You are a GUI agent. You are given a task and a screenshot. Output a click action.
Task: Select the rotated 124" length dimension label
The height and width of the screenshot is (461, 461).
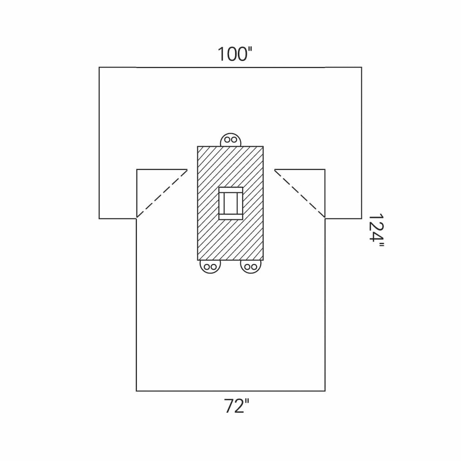point(376,230)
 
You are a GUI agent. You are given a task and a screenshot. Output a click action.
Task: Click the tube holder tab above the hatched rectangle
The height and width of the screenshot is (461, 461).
point(231,139)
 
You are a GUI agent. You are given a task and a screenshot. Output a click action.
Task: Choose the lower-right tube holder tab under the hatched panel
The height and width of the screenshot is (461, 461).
point(251,266)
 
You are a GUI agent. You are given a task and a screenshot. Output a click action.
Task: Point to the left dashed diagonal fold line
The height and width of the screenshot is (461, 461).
point(162,194)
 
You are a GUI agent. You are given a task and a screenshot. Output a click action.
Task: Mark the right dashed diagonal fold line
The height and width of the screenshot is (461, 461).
point(300,194)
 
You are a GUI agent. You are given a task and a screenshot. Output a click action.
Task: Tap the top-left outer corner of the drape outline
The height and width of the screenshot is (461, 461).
point(99,67)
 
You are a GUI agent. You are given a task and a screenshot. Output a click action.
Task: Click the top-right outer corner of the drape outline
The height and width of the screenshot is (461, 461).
point(362,67)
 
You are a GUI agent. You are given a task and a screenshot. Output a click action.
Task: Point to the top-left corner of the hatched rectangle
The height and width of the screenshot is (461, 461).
point(197,146)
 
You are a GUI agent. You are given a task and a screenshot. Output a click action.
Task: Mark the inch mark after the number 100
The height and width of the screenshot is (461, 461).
point(250,50)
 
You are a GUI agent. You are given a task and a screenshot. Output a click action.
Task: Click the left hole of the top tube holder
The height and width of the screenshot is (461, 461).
point(227,139)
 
